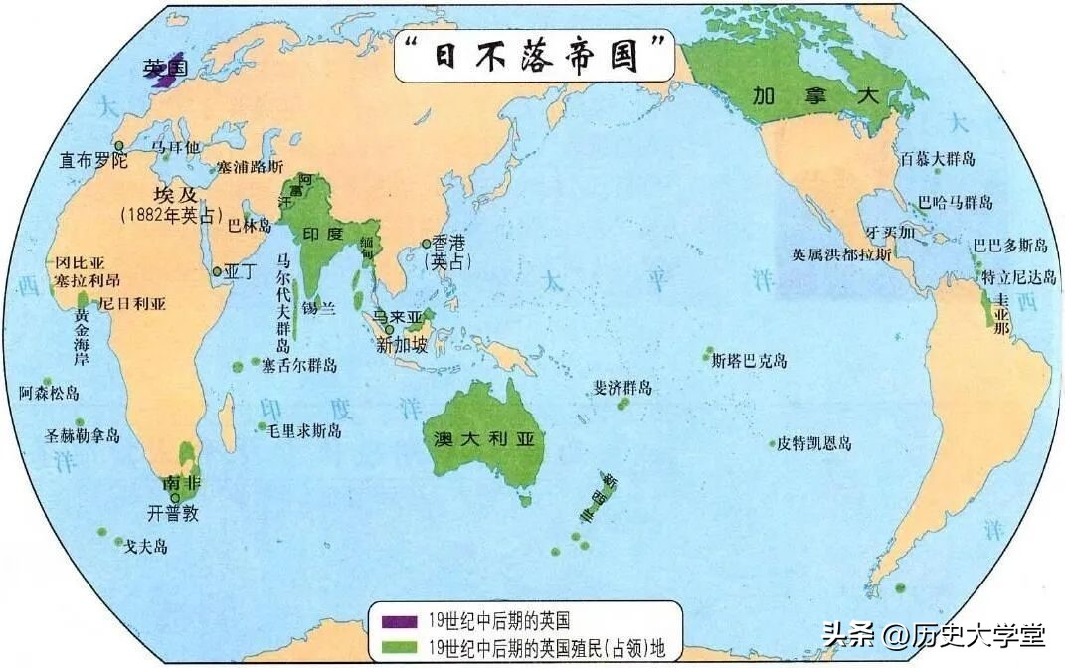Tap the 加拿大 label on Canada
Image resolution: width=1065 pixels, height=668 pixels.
point(815,96)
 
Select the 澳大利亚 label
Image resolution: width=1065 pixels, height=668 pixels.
point(484,438)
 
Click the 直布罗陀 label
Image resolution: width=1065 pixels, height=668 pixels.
point(93,160)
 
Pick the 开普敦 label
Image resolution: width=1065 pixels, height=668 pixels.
point(173,514)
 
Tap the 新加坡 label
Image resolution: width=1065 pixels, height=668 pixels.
point(402,346)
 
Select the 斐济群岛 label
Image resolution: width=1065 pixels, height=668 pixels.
point(623,388)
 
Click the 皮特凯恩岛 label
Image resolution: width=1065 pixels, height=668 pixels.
point(814,443)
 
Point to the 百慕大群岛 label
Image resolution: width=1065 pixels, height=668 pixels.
point(938,159)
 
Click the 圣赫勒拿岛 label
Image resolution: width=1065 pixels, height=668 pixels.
point(83,435)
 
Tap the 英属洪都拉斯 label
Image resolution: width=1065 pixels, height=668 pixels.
point(841,254)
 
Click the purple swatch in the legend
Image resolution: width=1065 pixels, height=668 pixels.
point(400,622)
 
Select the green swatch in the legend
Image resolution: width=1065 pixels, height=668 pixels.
point(400,647)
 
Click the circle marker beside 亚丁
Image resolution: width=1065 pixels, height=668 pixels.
point(217,270)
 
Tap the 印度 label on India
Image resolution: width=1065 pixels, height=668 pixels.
point(322,235)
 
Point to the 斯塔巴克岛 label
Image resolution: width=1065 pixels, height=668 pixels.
point(750,360)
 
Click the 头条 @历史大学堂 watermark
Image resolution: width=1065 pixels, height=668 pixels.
point(933,633)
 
